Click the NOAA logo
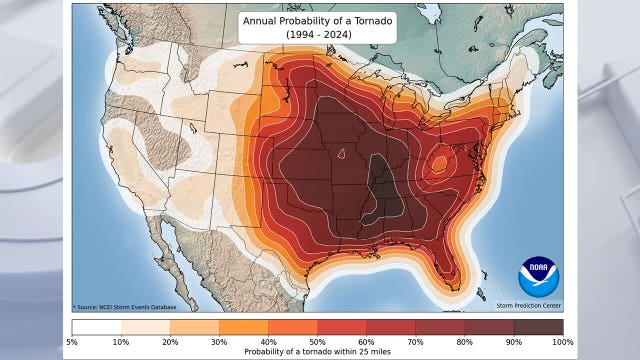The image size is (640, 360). point(539,276)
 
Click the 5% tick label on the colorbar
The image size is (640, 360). point(72,342)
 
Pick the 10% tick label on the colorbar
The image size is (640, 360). point(121,342)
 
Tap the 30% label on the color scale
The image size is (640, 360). point(219,342)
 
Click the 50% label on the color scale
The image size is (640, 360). point(317,342)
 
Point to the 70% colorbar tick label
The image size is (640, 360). point(416,342)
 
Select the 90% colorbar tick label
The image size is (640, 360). point(514,342)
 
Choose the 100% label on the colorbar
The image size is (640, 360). point(562,342)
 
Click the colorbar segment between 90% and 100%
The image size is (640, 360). point(538,327)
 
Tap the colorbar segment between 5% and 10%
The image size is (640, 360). point(96,327)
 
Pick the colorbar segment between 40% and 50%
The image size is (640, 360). point(293,327)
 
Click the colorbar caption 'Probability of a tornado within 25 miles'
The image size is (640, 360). point(317,352)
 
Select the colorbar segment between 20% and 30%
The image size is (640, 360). point(194,327)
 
